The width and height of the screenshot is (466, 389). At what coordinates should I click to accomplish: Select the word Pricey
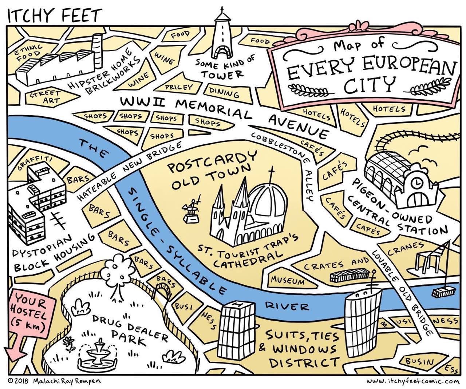(178, 87)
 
